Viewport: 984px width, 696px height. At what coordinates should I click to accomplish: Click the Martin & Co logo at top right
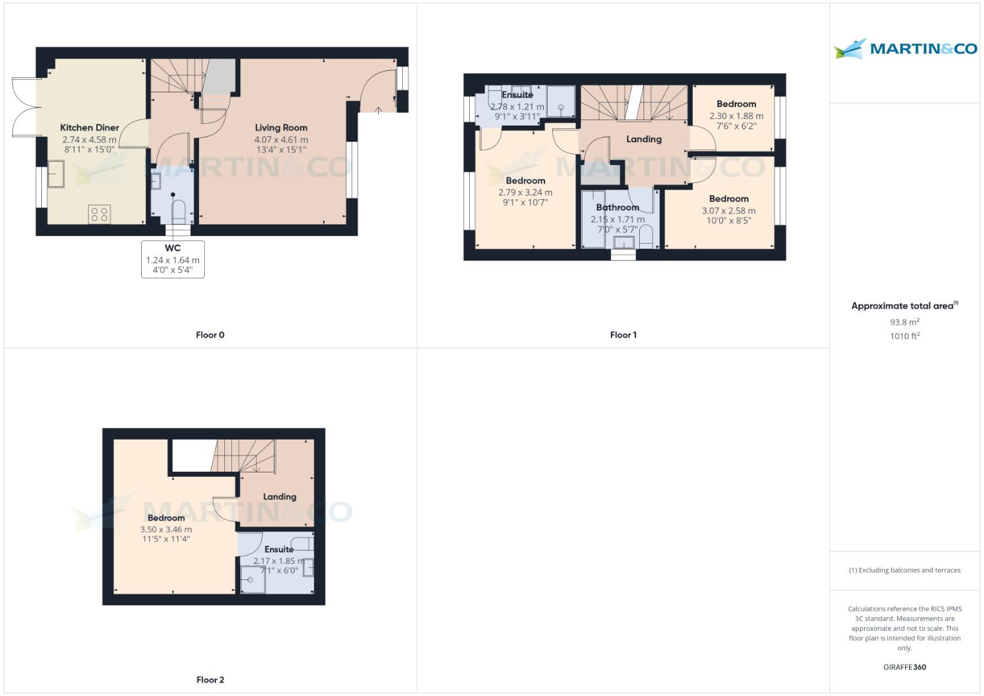pyautogui.click(x=905, y=48)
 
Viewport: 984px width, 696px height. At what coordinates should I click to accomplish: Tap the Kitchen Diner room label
pyautogui.click(x=90, y=128)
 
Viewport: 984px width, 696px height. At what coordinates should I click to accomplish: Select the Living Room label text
pyautogui.click(x=281, y=128)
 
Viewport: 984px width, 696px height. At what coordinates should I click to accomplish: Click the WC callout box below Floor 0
pyautogui.click(x=173, y=259)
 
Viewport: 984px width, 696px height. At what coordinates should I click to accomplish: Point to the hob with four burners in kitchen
pyautogui.click(x=100, y=214)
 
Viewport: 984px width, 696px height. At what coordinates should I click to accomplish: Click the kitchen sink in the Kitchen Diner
pyautogui.click(x=55, y=174)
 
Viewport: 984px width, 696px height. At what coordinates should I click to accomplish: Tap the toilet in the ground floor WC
pyautogui.click(x=178, y=210)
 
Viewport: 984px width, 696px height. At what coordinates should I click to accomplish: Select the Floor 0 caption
pyautogui.click(x=210, y=334)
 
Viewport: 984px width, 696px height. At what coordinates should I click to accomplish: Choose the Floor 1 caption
pyautogui.click(x=623, y=334)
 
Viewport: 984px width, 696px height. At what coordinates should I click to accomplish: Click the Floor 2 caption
pyautogui.click(x=210, y=679)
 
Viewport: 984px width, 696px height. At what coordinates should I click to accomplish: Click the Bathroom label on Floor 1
pyautogui.click(x=617, y=208)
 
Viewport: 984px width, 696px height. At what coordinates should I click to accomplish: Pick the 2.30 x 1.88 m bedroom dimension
pyautogui.click(x=736, y=116)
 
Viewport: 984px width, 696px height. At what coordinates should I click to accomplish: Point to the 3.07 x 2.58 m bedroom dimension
pyautogui.click(x=728, y=211)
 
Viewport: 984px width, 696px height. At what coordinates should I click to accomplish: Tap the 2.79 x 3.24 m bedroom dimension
pyautogui.click(x=525, y=192)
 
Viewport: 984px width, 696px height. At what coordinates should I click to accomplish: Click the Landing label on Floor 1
pyautogui.click(x=644, y=139)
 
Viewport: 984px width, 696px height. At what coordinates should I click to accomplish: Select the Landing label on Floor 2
pyautogui.click(x=280, y=497)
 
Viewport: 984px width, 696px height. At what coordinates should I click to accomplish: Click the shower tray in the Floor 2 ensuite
pyautogui.click(x=253, y=579)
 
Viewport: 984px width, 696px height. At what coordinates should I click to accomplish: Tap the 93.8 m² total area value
pyautogui.click(x=904, y=322)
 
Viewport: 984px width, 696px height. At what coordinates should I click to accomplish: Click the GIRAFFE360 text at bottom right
pyautogui.click(x=904, y=667)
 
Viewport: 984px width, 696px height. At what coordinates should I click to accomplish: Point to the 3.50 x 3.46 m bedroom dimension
pyautogui.click(x=166, y=529)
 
